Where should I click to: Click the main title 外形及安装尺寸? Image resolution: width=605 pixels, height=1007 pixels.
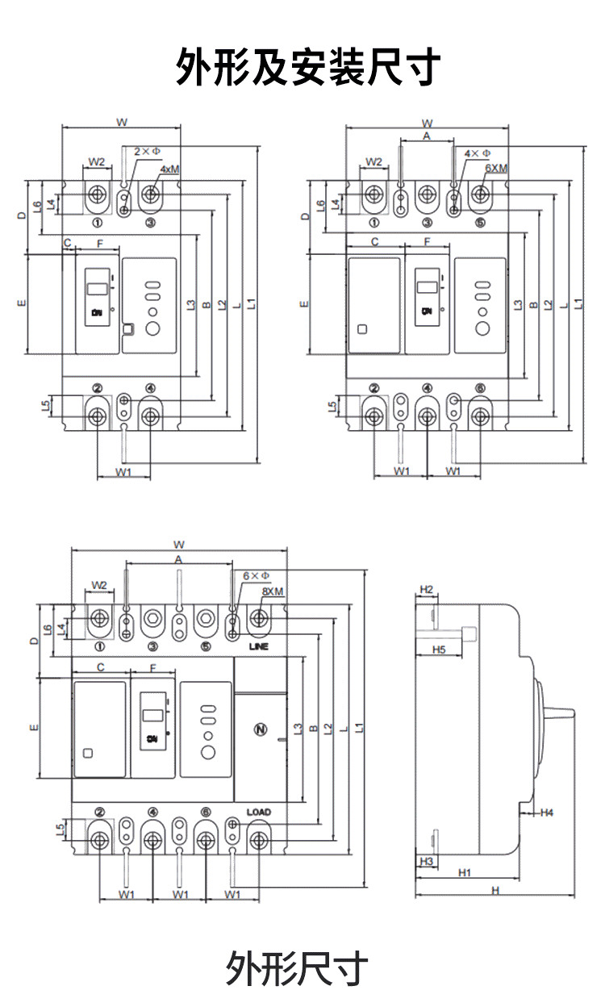pyautogui.click(x=308, y=67)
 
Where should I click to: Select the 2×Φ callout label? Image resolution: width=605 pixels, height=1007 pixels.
pyautogui.click(x=147, y=151)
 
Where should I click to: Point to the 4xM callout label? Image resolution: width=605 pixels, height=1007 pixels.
pyautogui.click(x=169, y=169)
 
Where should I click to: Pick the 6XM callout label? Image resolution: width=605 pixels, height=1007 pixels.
pyautogui.click(x=496, y=169)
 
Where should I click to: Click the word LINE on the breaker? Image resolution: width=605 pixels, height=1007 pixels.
pyautogui.click(x=258, y=647)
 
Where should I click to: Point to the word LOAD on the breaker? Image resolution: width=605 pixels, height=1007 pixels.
pyautogui.click(x=258, y=812)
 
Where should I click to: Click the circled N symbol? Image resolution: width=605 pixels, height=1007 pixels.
pyautogui.click(x=260, y=729)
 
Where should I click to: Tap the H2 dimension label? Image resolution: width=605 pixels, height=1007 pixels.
pyautogui.click(x=427, y=590)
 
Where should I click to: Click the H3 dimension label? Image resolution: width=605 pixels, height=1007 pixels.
pyautogui.click(x=427, y=861)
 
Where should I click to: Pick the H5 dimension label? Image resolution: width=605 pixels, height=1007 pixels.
pyautogui.click(x=439, y=649)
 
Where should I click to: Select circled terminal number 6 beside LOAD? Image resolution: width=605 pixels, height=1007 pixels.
pyautogui.click(x=206, y=813)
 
